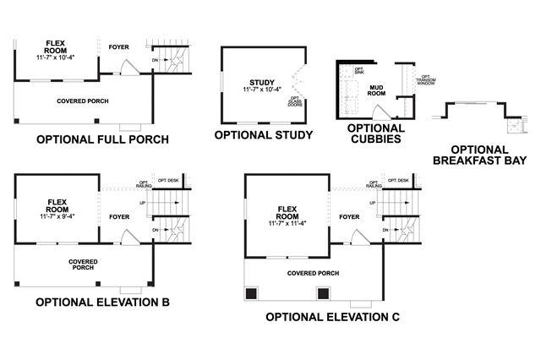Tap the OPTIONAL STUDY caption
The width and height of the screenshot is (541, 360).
coord(264,134)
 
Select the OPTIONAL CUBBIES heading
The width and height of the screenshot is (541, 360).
coord(374,134)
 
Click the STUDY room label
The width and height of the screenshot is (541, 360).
coord(264,82)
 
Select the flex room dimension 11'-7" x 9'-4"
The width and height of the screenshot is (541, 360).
coord(57,217)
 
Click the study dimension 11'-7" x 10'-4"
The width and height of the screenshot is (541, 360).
coord(264,90)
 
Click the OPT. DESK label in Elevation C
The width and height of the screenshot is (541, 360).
coord(397,181)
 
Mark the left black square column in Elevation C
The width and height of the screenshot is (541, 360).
coord(251,294)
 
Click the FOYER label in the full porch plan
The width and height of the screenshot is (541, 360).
coord(119,47)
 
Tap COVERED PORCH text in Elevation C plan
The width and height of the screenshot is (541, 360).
coord(313,273)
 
